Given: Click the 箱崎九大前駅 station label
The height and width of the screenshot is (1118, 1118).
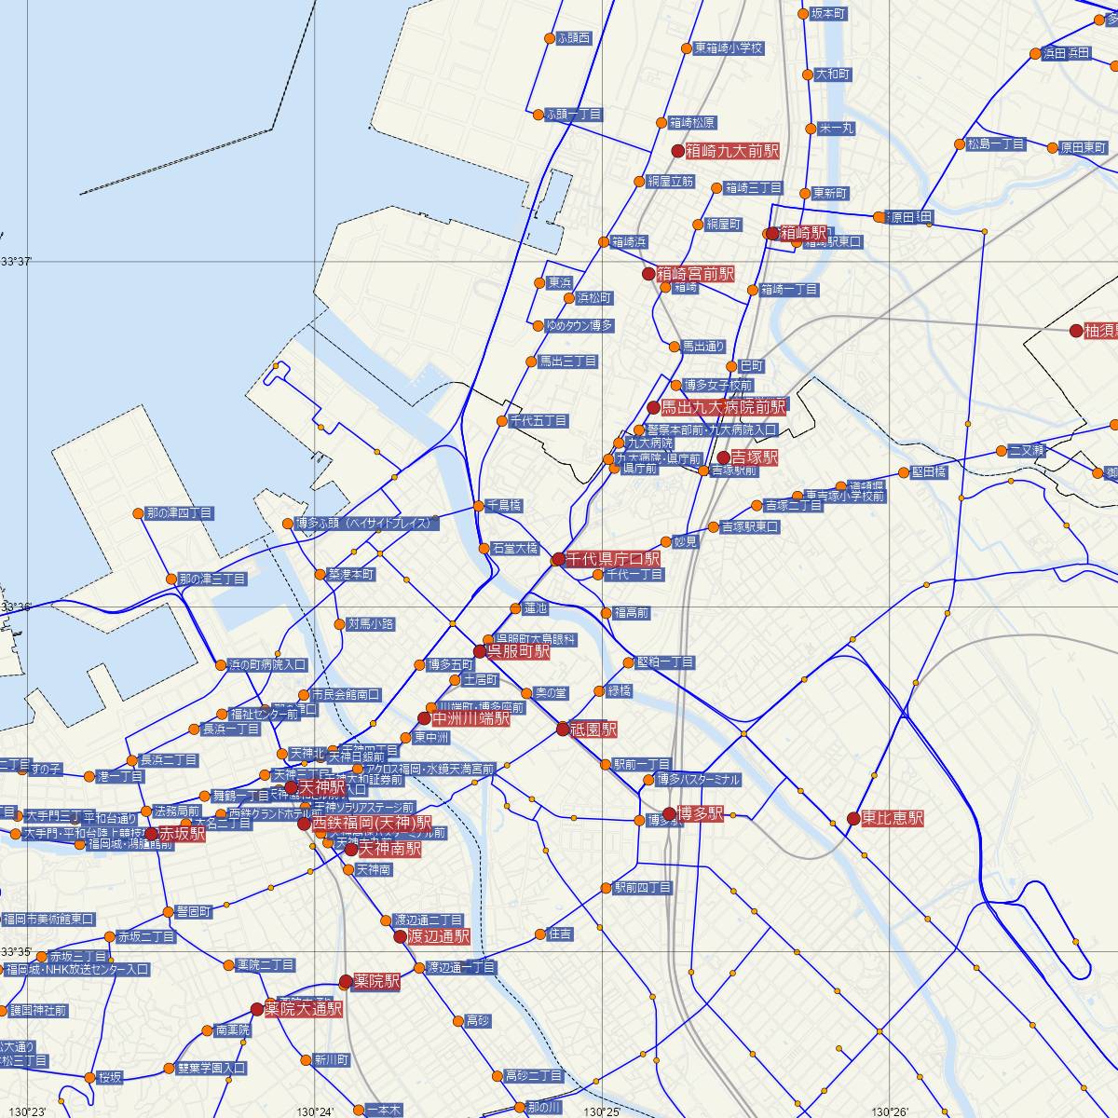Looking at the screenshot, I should (x=731, y=150).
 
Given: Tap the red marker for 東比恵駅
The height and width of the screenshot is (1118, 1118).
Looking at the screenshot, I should (x=853, y=818).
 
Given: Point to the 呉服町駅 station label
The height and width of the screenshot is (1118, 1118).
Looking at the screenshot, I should (x=519, y=651).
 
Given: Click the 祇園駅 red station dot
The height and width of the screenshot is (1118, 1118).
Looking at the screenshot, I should (x=563, y=729).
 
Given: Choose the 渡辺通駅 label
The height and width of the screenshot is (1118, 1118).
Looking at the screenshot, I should (x=438, y=936).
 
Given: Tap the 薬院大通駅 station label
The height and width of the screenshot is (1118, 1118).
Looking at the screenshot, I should (x=304, y=1009).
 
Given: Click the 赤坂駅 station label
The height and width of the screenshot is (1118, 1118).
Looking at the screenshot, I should (x=183, y=834).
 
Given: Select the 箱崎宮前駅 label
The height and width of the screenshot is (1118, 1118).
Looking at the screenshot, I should (x=695, y=274).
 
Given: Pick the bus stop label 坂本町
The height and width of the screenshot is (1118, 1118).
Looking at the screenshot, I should (x=828, y=14).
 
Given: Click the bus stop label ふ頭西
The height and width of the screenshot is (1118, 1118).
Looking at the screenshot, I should (x=573, y=38).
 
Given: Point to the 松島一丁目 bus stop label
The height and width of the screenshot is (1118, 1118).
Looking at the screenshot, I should (x=996, y=144).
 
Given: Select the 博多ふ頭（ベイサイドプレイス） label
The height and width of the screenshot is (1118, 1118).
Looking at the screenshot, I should (x=364, y=523).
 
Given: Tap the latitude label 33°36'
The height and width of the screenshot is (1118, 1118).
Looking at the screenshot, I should (x=15, y=607).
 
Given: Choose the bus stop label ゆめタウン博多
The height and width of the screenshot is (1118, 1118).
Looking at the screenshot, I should (x=579, y=326).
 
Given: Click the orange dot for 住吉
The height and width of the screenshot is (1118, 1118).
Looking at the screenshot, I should (x=540, y=934).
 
